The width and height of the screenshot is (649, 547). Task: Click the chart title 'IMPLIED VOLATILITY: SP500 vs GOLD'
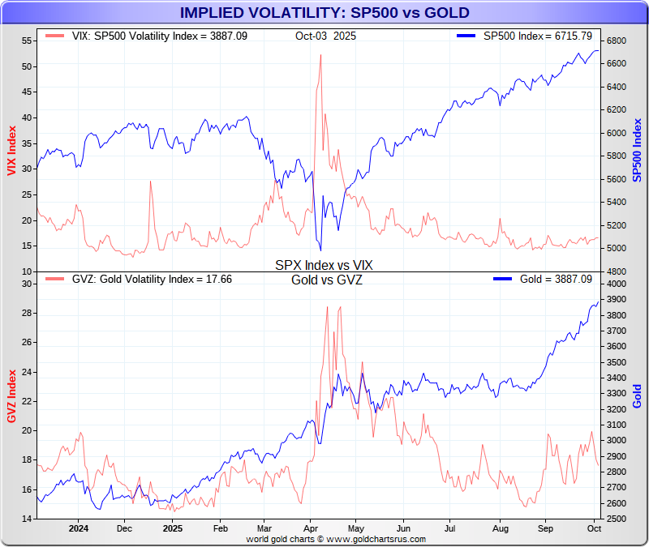click(x=324, y=12)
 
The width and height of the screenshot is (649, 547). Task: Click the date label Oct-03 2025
click(x=325, y=36)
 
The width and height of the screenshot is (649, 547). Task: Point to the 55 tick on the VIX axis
click(x=27, y=41)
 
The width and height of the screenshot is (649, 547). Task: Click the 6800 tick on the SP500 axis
click(x=616, y=41)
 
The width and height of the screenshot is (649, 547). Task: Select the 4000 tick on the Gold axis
click(x=616, y=284)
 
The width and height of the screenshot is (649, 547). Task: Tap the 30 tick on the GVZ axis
click(x=27, y=284)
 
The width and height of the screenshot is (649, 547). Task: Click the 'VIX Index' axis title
click(x=11, y=151)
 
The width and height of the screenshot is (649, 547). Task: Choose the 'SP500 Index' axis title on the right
click(x=638, y=151)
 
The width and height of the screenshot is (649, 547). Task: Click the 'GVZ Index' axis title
click(x=11, y=396)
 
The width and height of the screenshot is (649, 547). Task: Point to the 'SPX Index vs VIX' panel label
click(x=324, y=265)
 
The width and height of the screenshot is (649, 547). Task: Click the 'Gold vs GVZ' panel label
click(x=326, y=280)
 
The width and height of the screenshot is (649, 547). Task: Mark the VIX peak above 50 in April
click(x=320, y=55)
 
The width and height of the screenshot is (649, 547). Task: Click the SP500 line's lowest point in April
click(x=320, y=250)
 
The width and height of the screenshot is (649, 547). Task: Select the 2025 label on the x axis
click(x=172, y=528)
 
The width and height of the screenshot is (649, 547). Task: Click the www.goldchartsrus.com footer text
click(x=336, y=538)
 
